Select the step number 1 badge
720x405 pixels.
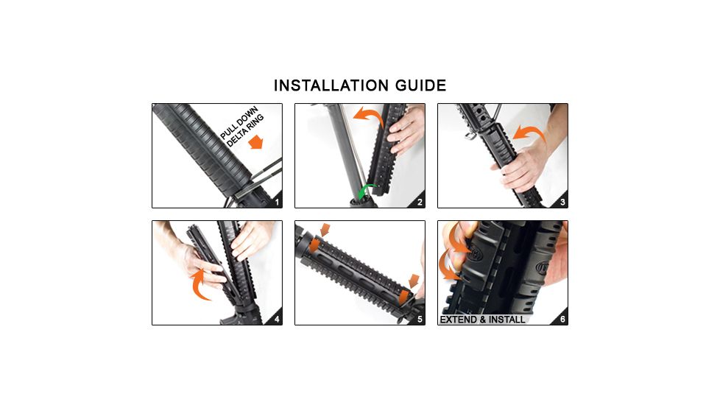276,202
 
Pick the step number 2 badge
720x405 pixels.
419,202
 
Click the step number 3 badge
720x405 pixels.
562,202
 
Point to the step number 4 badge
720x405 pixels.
276,319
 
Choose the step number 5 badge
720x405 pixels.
419,319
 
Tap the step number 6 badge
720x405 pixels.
562,319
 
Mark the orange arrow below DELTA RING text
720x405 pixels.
255,141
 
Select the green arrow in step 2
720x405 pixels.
364,191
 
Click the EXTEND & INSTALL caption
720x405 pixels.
482,320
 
